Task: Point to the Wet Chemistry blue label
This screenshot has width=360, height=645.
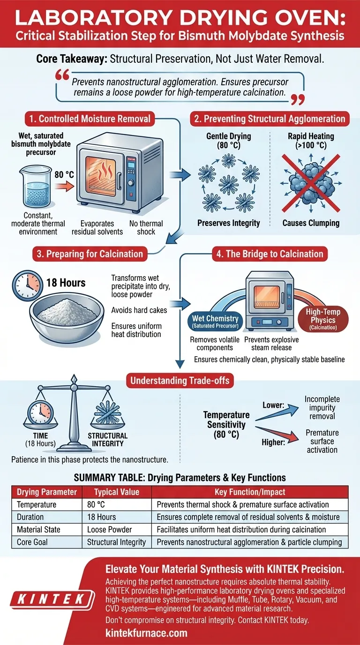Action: (216, 322)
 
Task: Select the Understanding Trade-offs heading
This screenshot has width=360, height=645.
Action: (180, 380)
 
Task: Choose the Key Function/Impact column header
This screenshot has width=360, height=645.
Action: (249, 492)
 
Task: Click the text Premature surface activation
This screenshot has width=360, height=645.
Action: (322, 441)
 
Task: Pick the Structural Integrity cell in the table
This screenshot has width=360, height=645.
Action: (117, 542)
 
